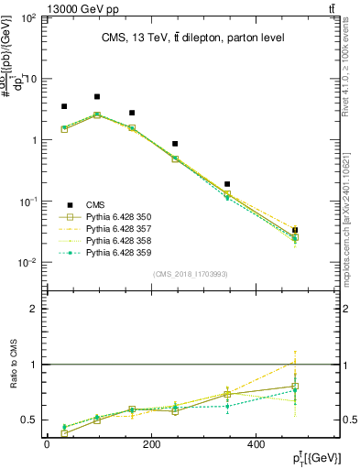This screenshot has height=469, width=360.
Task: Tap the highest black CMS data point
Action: [x=97, y=96]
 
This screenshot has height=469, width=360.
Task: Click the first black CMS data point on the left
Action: [x=64, y=106]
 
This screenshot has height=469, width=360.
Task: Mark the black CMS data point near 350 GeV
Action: [x=227, y=184]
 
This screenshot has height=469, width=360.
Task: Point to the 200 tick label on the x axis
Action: [x=151, y=444]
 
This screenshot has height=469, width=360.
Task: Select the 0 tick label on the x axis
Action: [x=47, y=444]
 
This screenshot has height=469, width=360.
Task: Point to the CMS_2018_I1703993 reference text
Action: [x=191, y=274]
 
